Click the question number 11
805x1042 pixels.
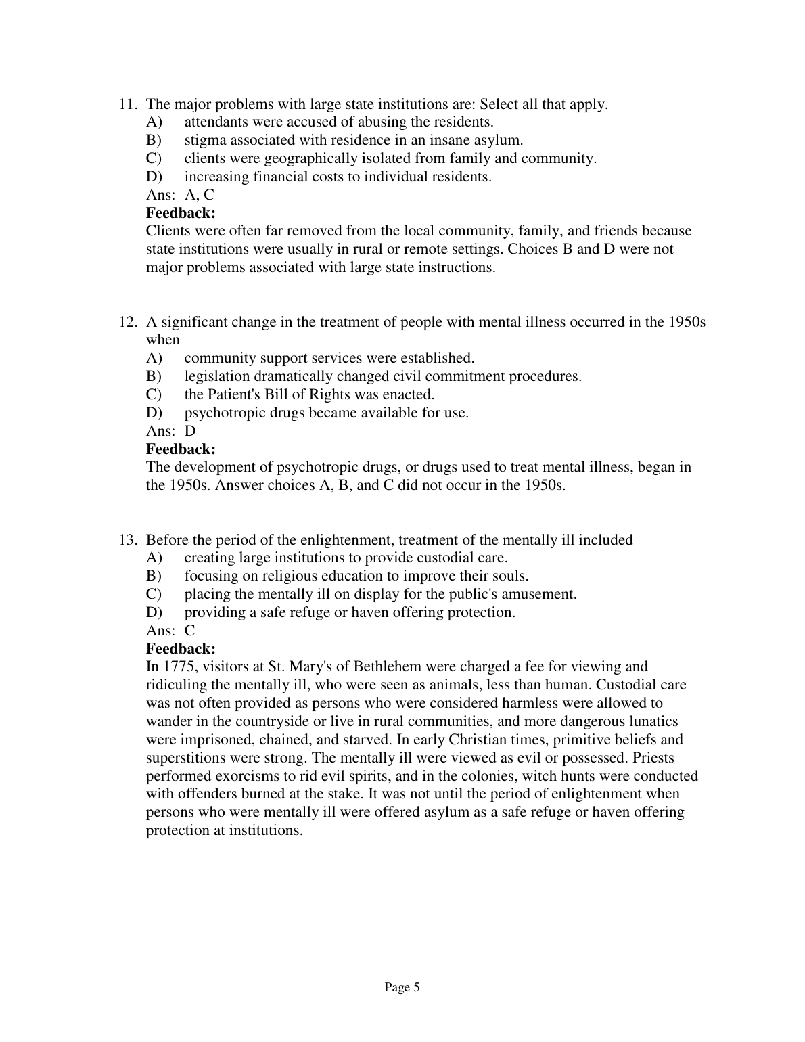(x=128, y=104)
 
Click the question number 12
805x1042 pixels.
(x=128, y=322)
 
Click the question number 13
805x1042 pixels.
(x=128, y=540)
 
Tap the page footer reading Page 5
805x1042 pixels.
(x=402, y=987)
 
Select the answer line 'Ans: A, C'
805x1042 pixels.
(x=180, y=195)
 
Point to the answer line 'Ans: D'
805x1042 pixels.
(x=171, y=430)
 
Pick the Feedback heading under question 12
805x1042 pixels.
(x=181, y=449)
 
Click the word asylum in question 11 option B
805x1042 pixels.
(x=499, y=141)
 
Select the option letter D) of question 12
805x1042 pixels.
(x=154, y=413)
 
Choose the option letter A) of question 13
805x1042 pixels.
(x=154, y=558)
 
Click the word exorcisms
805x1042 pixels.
(x=231, y=776)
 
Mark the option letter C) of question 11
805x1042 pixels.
(x=154, y=159)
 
